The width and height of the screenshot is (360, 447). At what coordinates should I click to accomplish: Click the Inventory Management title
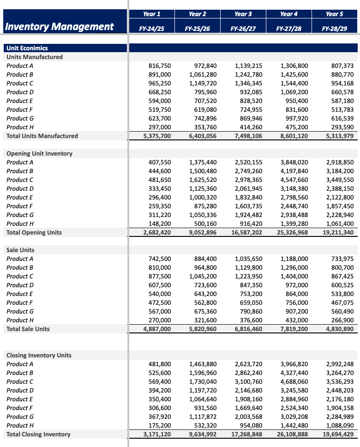[59, 27]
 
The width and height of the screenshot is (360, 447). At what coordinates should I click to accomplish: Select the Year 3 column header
[243, 14]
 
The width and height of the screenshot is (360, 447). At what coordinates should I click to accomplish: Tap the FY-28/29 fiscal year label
[335, 29]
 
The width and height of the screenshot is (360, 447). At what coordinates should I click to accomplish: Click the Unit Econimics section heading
[27, 48]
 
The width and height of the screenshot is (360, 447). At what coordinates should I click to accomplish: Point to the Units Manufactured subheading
[35, 57]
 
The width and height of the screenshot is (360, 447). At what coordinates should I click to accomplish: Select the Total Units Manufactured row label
[42, 136]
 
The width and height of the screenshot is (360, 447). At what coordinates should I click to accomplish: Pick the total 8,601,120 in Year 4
[292, 136]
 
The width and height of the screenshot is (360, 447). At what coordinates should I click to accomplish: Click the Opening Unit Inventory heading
[39, 153]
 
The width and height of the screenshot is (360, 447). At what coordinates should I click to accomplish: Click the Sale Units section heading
[20, 250]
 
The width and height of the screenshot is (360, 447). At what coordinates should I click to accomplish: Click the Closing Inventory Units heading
[39, 355]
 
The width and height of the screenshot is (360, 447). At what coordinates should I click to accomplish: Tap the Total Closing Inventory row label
[38, 434]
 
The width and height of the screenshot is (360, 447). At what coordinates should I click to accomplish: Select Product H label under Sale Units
[18, 320]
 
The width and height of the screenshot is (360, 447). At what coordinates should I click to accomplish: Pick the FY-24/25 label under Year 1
[152, 29]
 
